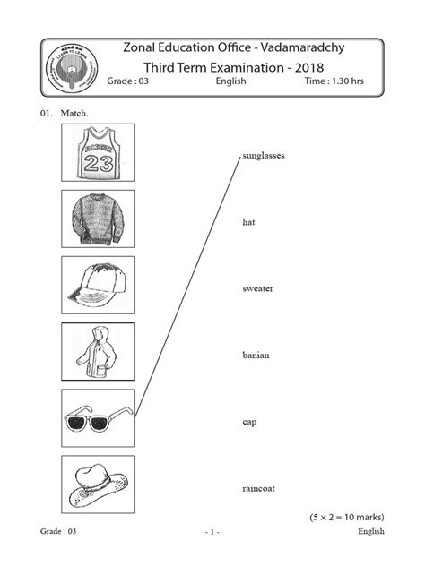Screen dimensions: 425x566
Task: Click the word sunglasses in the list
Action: click(x=263, y=156)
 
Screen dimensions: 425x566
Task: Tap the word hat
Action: click(x=248, y=222)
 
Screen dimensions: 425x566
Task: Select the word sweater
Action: click(x=257, y=289)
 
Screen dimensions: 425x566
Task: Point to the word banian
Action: click(x=256, y=356)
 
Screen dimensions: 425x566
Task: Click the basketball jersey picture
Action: click(x=98, y=152)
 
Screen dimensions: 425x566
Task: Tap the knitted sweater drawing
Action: click(x=98, y=219)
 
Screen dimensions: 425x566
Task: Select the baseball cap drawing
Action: click(x=98, y=286)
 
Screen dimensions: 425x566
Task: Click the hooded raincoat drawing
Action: click(x=98, y=352)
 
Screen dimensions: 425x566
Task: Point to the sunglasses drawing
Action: click(x=98, y=418)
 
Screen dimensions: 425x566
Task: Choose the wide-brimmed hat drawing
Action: click(x=98, y=485)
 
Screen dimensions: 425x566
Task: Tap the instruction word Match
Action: click(x=75, y=116)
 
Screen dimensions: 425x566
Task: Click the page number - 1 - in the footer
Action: click(x=212, y=532)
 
